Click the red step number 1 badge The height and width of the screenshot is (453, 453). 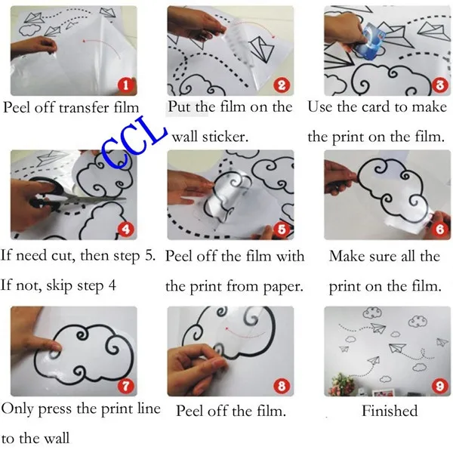(125, 85)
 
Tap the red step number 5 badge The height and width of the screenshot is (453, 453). (282, 230)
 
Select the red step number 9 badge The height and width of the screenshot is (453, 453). (439, 386)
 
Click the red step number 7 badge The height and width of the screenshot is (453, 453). (125, 387)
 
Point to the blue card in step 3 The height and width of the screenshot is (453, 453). (370, 42)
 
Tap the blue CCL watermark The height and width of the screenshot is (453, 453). (134, 142)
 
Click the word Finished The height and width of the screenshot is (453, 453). (390, 411)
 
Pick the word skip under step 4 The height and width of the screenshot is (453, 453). (59, 286)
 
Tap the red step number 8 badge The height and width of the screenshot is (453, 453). (282, 387)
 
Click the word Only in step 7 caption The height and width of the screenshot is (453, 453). (17, 409)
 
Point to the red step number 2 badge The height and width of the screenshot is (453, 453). (282, 85)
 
